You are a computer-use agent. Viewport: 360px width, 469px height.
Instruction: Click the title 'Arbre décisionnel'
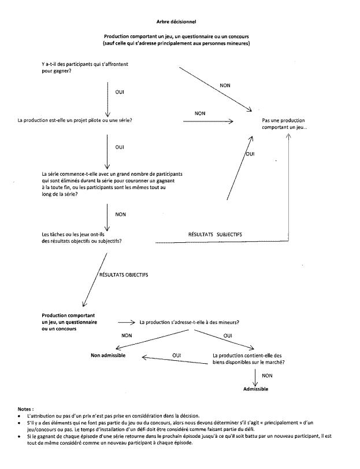[x=180, y=21]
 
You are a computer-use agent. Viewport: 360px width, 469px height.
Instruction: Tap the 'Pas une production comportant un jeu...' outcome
[x=284, y=124]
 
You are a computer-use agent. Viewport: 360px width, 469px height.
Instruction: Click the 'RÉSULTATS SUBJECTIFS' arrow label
[x=216, y=234]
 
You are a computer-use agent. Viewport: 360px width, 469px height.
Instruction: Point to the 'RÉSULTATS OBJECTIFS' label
[x=124, y=275]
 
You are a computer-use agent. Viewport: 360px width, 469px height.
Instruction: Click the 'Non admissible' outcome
[x=108, y=354]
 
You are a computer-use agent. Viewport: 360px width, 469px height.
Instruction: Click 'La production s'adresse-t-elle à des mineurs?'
[x=190, y=322]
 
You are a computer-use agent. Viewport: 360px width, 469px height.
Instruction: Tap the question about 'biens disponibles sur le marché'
[x=248, y=359]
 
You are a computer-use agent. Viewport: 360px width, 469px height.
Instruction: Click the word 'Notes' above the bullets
[x=26, y=408]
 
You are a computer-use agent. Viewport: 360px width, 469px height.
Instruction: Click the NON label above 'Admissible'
[x=267, y=375]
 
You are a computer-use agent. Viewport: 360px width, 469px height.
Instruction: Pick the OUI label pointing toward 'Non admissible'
[x=178, y=354]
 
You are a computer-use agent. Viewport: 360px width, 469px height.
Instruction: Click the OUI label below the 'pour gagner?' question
[x=120, y=93]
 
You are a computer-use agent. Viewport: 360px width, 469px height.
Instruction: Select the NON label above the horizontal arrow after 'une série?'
[x=200, y=113]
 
